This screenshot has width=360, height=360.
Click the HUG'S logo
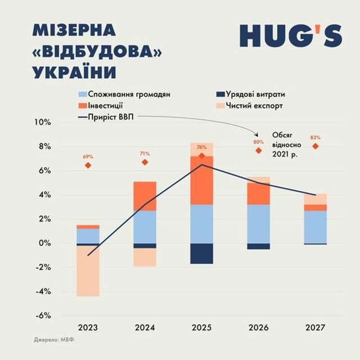(290, 35)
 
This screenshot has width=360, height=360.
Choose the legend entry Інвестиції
(105, 105)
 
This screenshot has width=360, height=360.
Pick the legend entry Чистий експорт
(247, 105)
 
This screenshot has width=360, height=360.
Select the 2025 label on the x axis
(201, 327)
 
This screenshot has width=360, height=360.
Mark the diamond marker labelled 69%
(88, 165)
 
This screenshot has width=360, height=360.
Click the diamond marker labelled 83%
(316, 146)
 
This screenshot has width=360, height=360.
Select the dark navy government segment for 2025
(201, 254)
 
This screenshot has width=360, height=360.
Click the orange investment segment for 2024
(145, 196)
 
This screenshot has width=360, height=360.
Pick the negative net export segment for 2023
(88, 271)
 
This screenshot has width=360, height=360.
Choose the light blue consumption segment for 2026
(258, 223)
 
